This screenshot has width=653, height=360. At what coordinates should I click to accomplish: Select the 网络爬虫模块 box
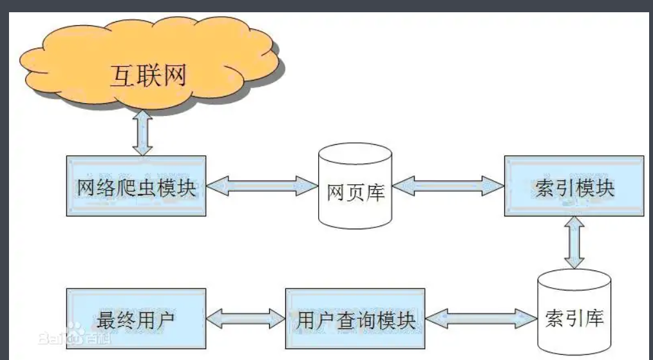tap(136, 186)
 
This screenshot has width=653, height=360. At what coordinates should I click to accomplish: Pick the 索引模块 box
tap(574, 186)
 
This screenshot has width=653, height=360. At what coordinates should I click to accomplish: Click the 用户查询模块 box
tap(355, 319)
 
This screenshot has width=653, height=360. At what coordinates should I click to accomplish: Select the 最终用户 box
tap(136, 319)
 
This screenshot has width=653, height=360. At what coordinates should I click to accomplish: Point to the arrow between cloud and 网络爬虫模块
tap(142, 133)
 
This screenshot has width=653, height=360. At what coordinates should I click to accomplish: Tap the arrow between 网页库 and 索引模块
tap(448, 187)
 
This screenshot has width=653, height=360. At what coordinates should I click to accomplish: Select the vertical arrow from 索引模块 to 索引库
tap(574, 242)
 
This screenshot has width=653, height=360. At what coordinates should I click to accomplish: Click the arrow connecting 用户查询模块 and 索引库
tap(480, 317)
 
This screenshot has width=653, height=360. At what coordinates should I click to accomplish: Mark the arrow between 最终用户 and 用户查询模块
tap(245, 317)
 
